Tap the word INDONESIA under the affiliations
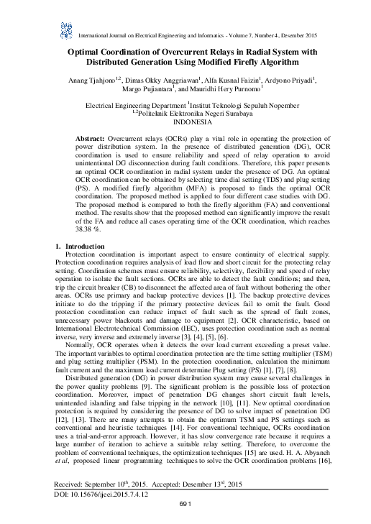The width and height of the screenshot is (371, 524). tap(185, 121)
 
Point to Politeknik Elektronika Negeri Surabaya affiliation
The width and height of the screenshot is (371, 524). tap(188, 113)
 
